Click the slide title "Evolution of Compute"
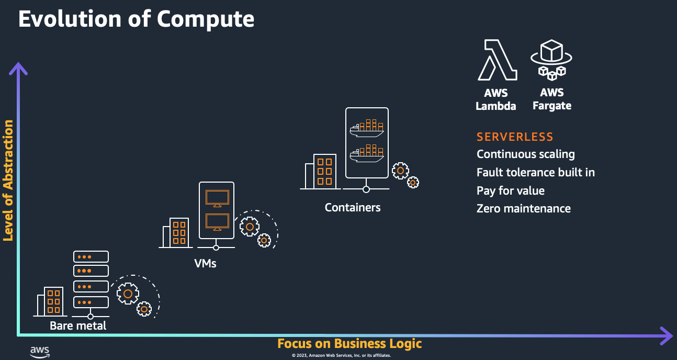(136, 19)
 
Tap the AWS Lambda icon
(497, 60)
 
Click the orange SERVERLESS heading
(515, 137)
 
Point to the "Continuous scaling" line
(525, 154)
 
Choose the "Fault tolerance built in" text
(536, 172)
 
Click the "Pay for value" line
(510, 190)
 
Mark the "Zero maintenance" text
(523, 208)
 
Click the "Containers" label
(353, 207)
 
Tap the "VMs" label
(205, 263)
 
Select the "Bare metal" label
(78, 325)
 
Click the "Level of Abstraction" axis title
(8, 181)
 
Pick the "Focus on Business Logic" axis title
(349, 344)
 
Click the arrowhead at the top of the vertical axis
(18, 67)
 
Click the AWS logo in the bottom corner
(39, 352)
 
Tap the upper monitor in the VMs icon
(217, 198)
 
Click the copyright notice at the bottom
(341, 355)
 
